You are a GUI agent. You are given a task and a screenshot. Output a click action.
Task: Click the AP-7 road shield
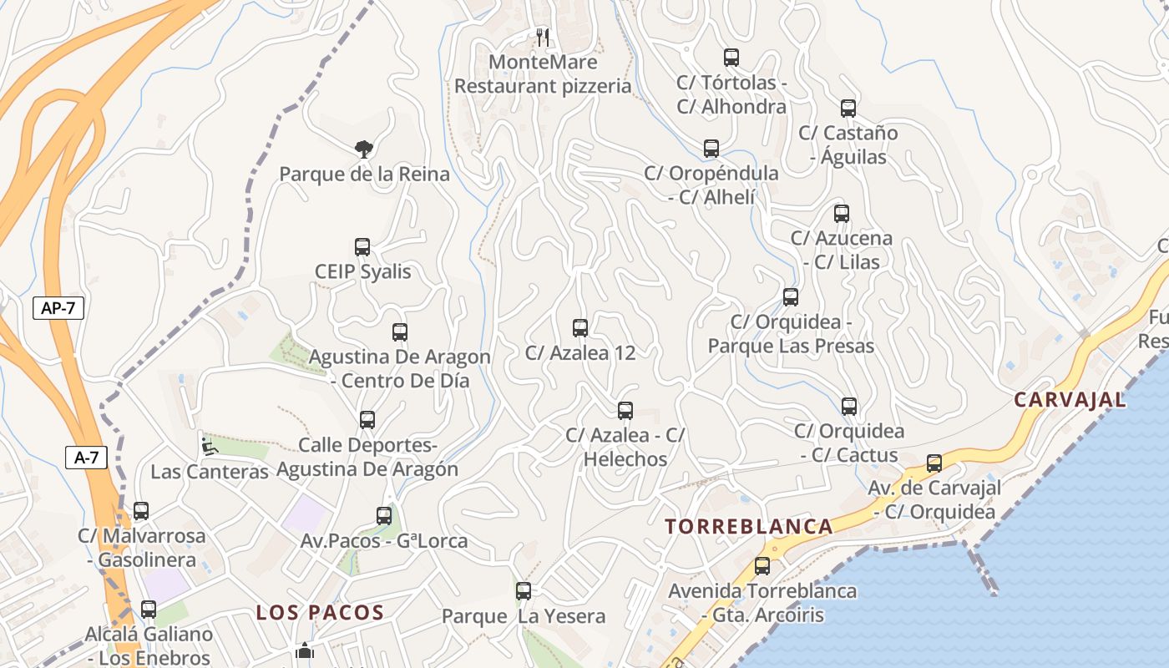pos(58,307)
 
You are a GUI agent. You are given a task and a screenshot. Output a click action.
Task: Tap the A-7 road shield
pos(87,457)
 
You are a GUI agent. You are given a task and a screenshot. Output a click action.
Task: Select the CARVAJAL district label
pos(1070,400)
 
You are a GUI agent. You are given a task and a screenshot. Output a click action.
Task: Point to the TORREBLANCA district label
pos(749,526)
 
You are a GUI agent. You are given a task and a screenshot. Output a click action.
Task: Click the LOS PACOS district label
pos(320,613)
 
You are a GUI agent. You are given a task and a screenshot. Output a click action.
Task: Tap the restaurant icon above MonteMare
pos(543,37)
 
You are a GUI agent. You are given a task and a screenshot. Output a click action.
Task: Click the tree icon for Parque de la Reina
pos(363,149)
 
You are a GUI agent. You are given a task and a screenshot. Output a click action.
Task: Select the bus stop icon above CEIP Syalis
pos(362,247)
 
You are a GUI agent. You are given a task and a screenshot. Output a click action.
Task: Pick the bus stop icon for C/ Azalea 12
pos(580,328)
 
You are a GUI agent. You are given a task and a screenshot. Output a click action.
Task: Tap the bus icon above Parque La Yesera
pos(524,591)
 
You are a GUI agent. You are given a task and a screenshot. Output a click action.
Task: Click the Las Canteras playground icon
pos(209,447)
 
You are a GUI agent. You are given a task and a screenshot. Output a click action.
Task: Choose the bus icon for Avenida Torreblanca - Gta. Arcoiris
pos(762,566)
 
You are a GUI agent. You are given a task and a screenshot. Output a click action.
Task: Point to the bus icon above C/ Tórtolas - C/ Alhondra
pos(731,58)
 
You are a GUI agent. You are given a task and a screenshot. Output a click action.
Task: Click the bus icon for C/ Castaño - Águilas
pos(848,109)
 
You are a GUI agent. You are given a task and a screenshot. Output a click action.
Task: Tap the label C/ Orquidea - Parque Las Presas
pos(791,334)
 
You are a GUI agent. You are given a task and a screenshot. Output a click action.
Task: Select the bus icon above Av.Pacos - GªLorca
pos(384,516)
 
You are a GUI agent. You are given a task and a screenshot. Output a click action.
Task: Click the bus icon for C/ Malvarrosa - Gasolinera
pos(141,511)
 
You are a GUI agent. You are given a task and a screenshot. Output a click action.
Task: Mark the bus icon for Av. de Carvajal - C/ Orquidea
pos(934,463)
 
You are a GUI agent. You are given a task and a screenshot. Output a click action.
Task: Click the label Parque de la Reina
pos(364,175)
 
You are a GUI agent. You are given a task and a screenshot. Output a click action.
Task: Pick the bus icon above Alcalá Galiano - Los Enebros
pos(149,610)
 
